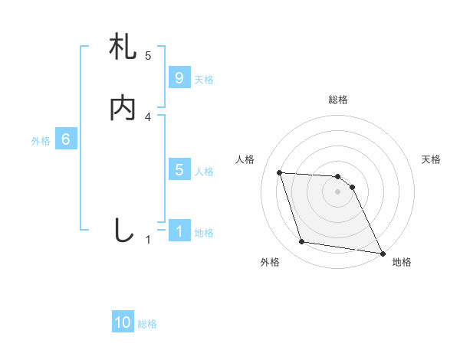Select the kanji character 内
123,108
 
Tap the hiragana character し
123,229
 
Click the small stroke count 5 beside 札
148,55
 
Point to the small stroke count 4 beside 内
148,116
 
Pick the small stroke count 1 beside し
148,239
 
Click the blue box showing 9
179,78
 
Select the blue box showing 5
179,170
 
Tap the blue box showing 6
66,139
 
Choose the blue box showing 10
123,323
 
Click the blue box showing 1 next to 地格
179,231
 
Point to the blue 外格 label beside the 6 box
41,141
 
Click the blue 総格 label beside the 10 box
147,325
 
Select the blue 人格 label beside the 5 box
204,172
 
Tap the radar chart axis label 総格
338,100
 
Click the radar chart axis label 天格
431,159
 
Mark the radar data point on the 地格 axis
382,253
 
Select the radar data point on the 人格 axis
280,172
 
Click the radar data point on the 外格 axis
302,242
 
